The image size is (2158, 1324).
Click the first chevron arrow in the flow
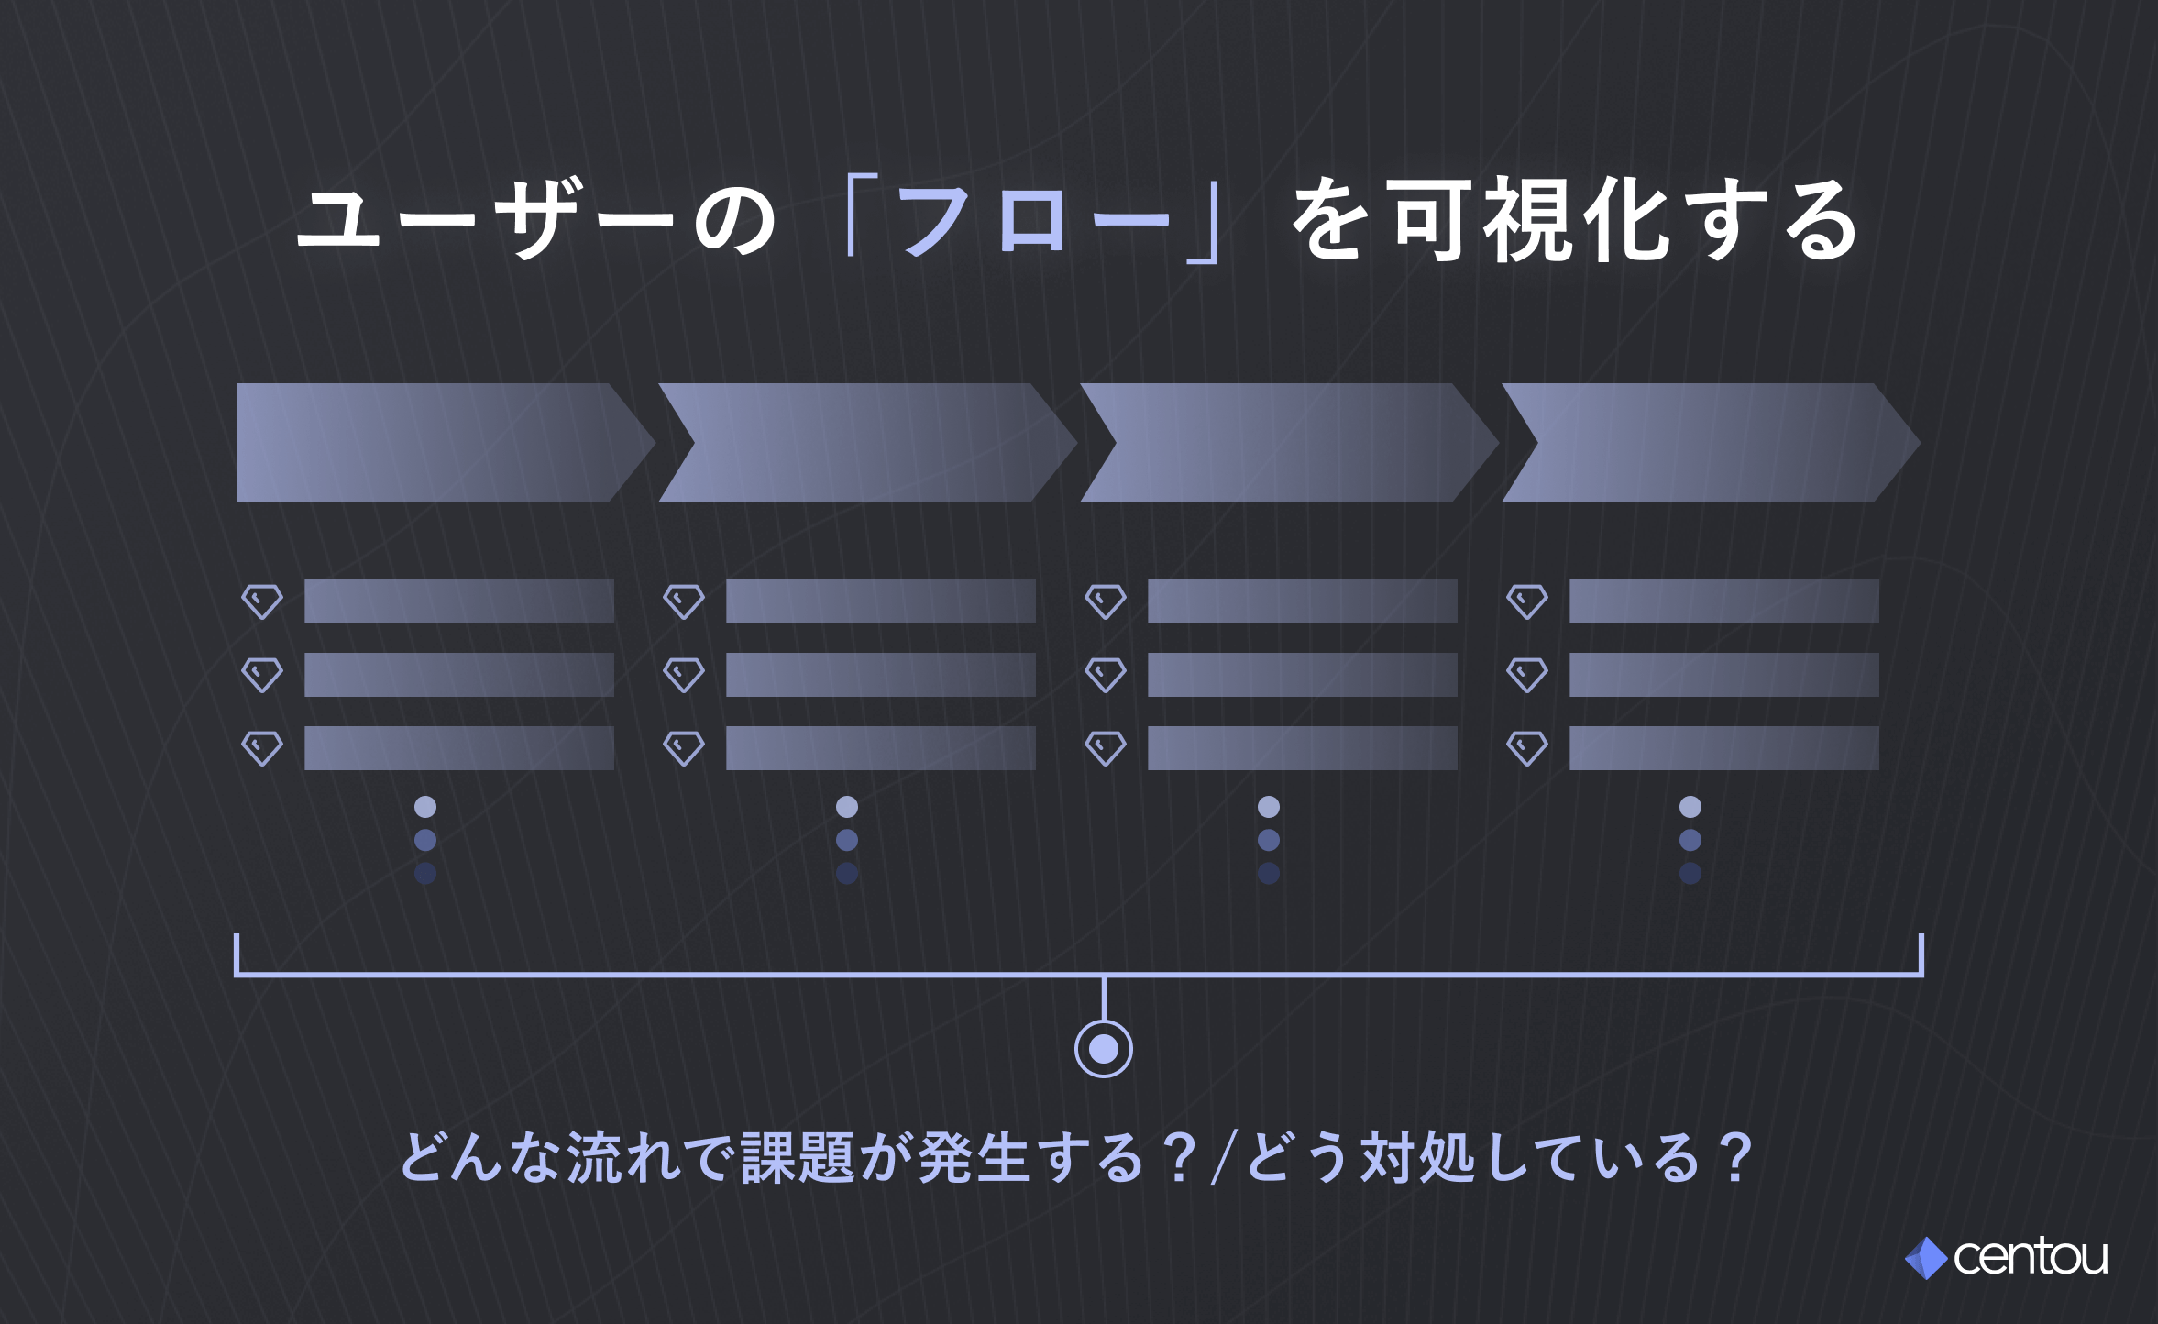pyautogui.click(x=440, y=443)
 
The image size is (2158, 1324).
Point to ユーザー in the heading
pyautogui.click(x=486, y=220)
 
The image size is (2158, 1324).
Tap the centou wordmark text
pyautogui.click(x=2031, y=1257)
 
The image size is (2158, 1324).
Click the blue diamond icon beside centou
pyautogui.click(x=1926, y=1258)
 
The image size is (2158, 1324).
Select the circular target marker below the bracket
pyautogui.click(x=1103, y=1049)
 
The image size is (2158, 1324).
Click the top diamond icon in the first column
pyautogui.click(x=262, y=601)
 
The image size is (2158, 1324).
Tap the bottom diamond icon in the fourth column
pyautogui.click(x=1527, y=748)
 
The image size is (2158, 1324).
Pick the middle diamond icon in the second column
pyautogui.click(x=684, y=675)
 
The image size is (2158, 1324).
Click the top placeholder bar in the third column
pyautogui.click(x=1302, y=601)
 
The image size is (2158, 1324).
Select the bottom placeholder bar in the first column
pyautogui.click(x=458, y=748)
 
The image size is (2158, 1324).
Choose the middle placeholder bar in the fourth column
pyautogui.click(x=1723, y=675)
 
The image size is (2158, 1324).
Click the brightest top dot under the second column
pyautogui.click(x=847, y=807)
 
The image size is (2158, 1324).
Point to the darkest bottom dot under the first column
pyautogui.click(x=425, y=873)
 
